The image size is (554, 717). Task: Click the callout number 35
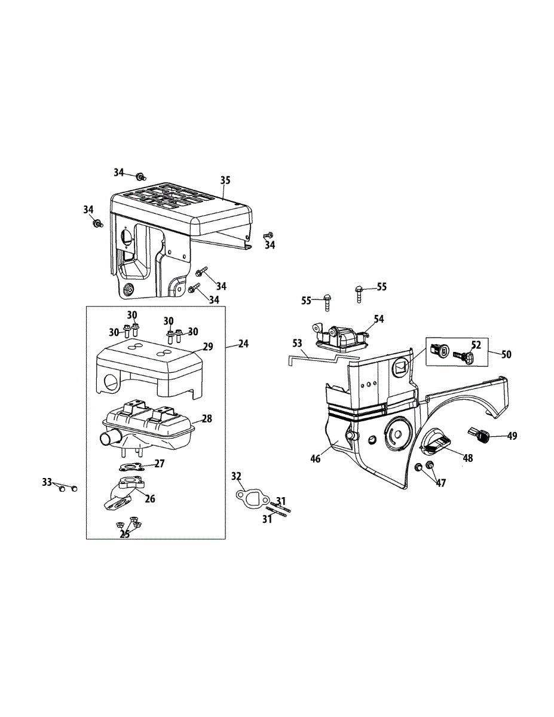(x=225, y=180)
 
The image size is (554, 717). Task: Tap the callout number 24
(x=243, y=344)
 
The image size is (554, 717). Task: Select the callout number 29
(x=208, y=346)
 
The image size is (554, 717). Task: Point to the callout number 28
(x=207, y=419)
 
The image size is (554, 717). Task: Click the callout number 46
(x=315, y=458)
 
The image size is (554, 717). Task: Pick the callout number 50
(x=506, y=354)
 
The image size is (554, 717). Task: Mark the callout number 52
(x=476, y=344)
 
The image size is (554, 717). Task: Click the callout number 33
(x=47, y=482)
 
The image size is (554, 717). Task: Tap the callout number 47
(x=440, y=483)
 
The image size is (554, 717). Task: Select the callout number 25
(x=125, y=534)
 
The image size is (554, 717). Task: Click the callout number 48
(x=467, y=458)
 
